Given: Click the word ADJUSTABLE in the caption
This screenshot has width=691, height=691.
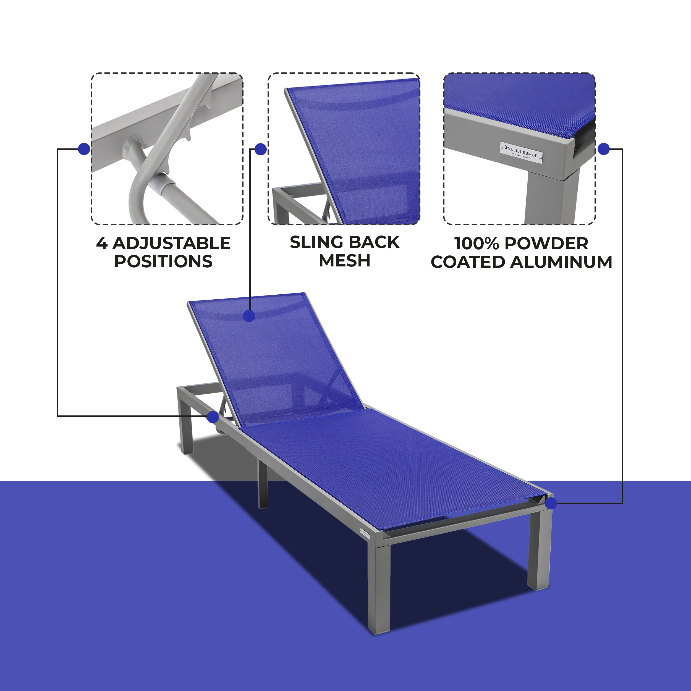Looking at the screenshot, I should (171, 244).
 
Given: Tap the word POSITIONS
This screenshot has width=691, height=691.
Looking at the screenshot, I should (163, 261).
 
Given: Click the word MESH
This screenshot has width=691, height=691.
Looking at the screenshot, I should (344, 260).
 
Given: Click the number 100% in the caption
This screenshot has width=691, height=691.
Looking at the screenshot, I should (476, 244).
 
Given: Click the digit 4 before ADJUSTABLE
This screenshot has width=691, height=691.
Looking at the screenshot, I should (101, 244).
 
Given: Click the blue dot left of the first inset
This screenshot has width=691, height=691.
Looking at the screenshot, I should (84, 149).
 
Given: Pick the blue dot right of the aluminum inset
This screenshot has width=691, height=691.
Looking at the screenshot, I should (604, 149).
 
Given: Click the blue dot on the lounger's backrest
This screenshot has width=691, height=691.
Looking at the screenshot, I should (249, 316).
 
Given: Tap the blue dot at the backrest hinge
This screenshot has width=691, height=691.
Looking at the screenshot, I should (213, 417).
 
